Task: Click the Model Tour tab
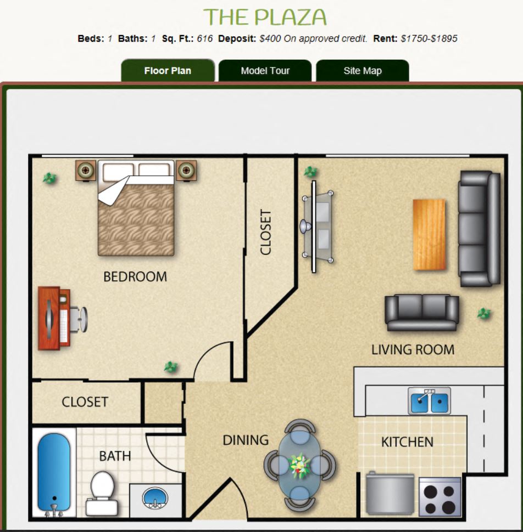265,71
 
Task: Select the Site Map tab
363,71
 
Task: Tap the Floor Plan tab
168,71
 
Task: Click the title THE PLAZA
265,17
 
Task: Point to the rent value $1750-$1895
429,39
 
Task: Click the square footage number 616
204,39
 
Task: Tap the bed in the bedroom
136,208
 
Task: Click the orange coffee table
429,234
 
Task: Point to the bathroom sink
155,498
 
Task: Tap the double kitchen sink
429,401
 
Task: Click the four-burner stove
440,497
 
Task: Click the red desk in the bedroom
54,318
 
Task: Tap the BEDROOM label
135,277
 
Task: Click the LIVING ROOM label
413,350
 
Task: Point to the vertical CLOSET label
266,232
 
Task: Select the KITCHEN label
408,442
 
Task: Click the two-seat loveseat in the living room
422,313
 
